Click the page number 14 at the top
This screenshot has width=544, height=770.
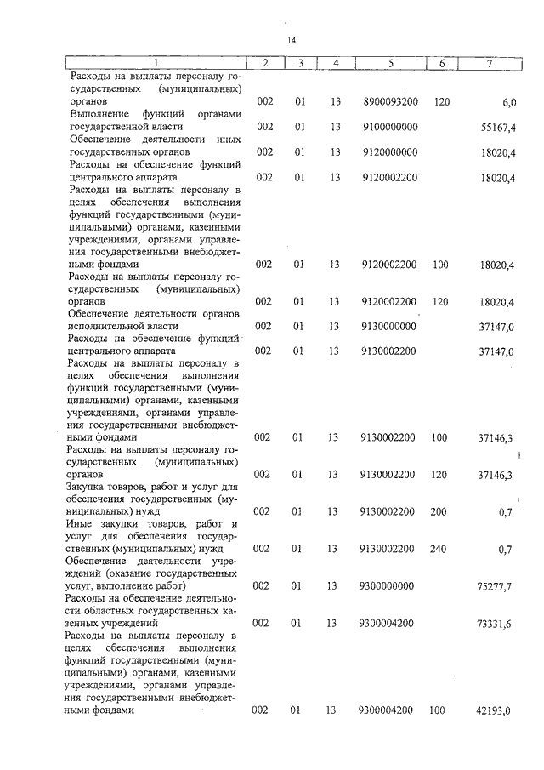coord(291,40)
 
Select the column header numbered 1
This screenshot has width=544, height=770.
coord(155,62)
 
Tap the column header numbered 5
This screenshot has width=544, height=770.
coord(390,62)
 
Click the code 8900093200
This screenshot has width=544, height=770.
coord(390,101)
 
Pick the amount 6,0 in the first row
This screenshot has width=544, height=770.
coord(509,102)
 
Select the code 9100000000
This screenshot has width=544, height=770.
coord(390,127)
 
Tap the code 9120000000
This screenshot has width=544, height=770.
coord(390,152)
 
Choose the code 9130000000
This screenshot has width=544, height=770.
coord(390,326)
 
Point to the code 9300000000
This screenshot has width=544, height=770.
coord(388,585)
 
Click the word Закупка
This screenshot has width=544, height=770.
coord(92,486)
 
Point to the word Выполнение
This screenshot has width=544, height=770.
coord(100,114)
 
